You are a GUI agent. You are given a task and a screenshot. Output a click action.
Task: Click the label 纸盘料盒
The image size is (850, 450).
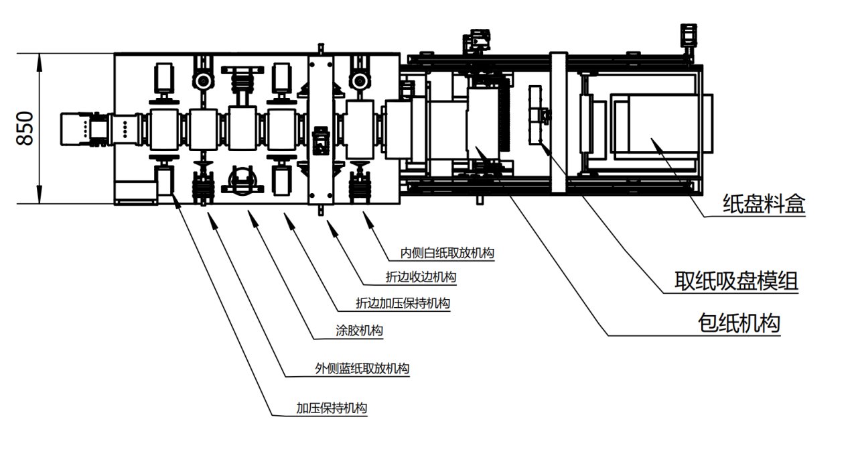[x=764, y=204]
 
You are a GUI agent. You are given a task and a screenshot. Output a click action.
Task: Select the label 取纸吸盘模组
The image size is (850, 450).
[x=736, y=280]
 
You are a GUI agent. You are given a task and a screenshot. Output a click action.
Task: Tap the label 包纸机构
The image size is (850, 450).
[x=738, y=324]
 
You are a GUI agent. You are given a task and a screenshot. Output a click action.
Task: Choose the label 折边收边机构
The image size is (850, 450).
[x=421, y=277]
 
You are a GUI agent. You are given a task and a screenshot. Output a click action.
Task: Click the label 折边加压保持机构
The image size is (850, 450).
[x=403, y=303]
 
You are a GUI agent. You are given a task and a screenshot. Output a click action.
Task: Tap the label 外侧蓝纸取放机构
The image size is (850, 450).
[x=362, y=368]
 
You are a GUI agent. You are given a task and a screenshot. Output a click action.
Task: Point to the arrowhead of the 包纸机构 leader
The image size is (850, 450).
[x=478, y=148]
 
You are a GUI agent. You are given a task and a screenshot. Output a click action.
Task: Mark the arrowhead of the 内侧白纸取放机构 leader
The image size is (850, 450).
[x=365, y=215]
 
